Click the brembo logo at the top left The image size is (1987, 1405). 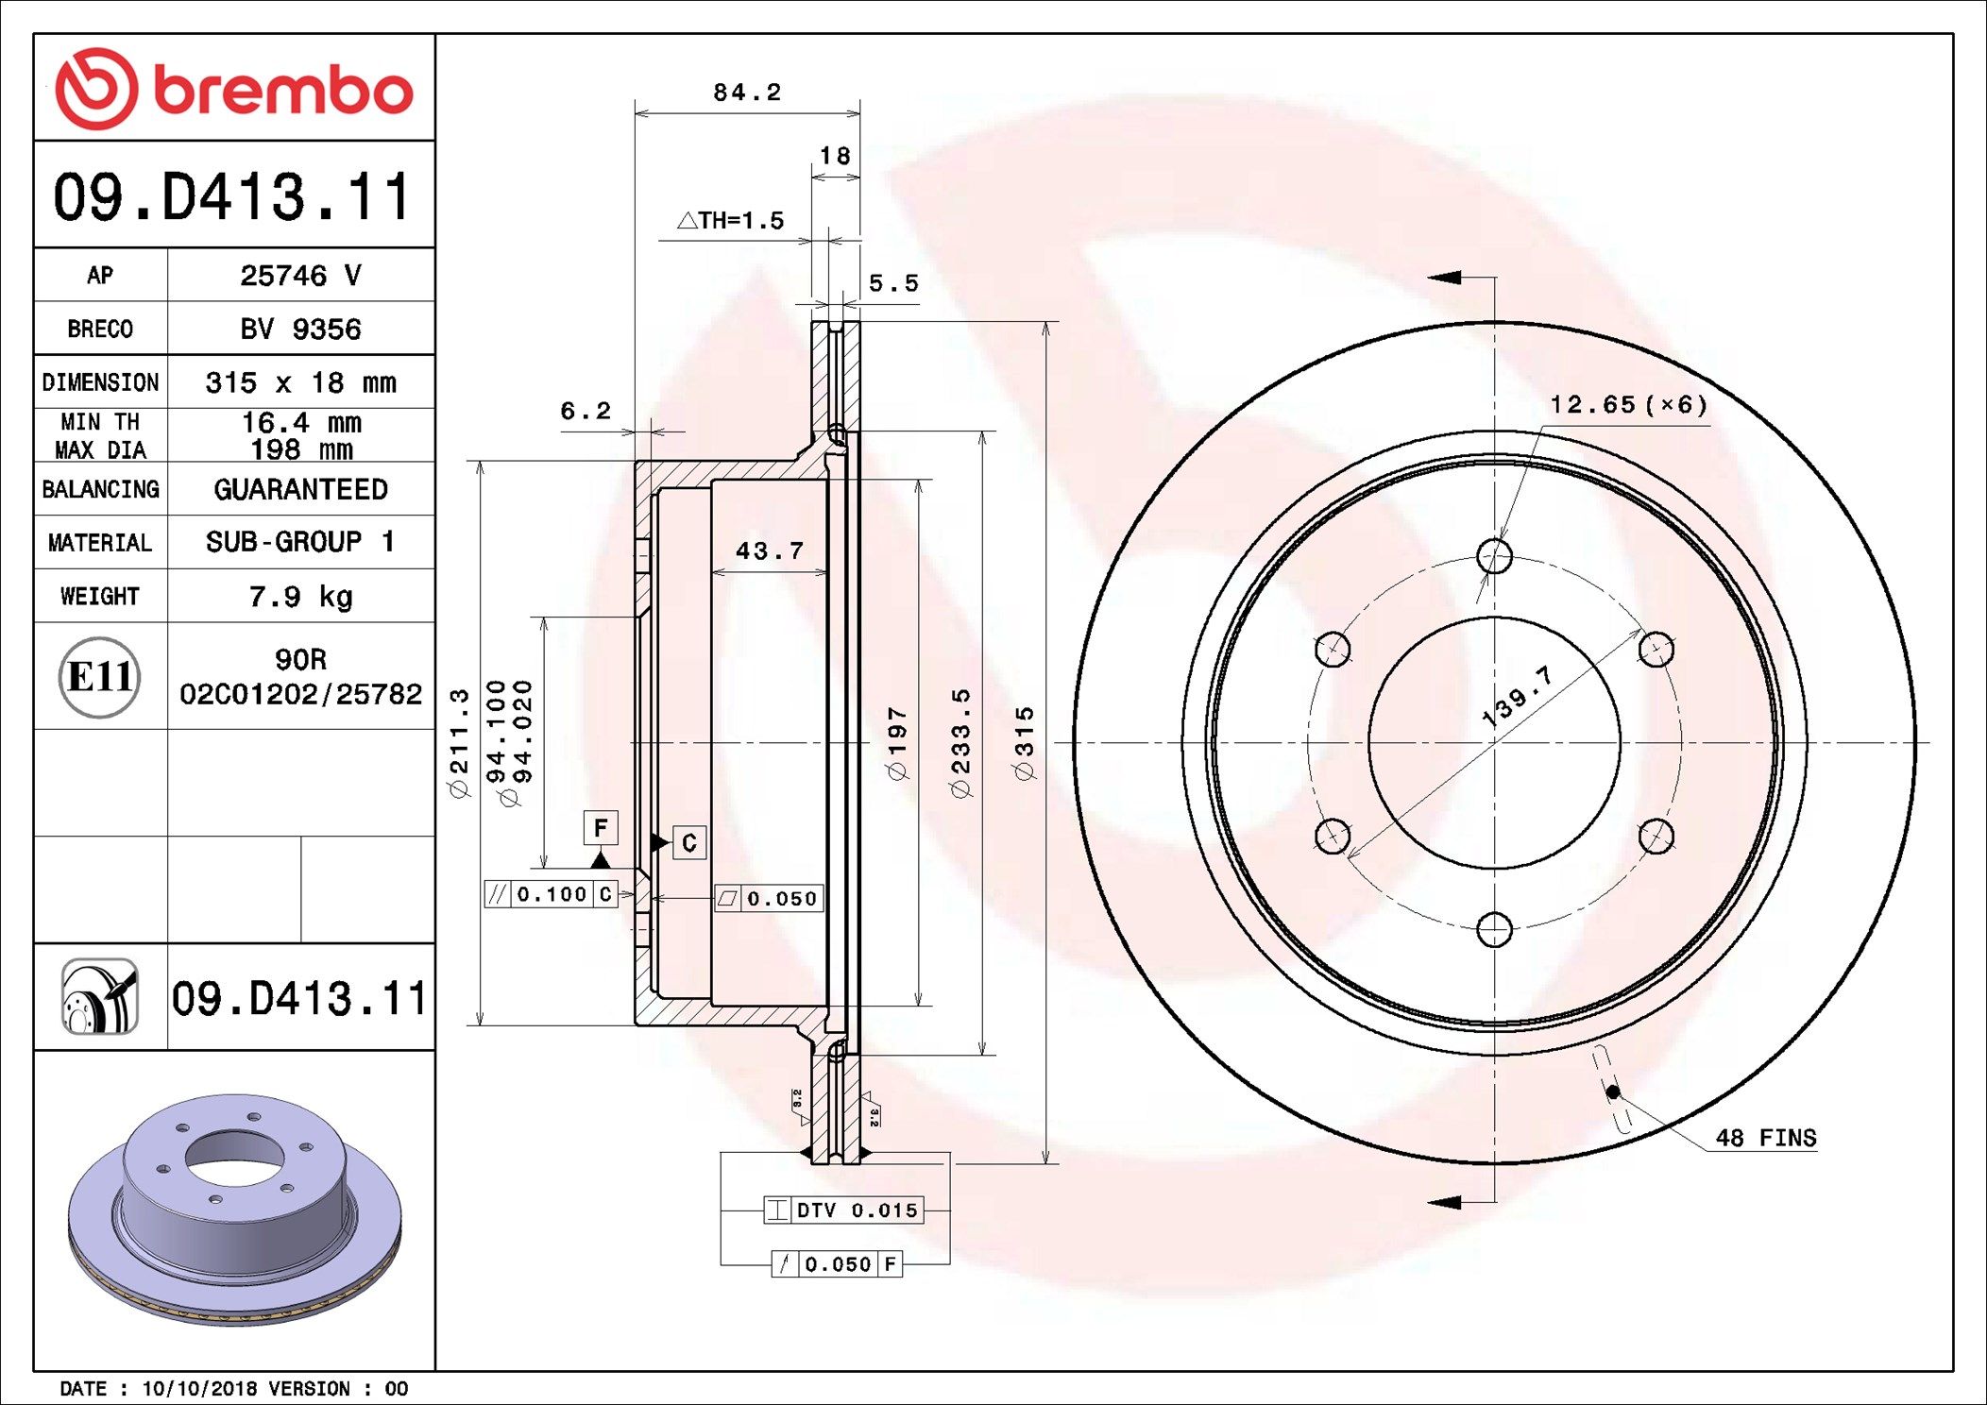click(x=233, y=89)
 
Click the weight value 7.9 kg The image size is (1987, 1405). click(x=300, y=597)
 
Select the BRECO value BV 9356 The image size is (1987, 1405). click(x=300, y=330)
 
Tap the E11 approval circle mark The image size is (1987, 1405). click(x=100, y=677)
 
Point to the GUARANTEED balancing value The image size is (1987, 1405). click(x=300, y=489)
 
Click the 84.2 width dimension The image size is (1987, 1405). click(x=746, y=93)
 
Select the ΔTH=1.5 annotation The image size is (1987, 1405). click(x=731, y=221)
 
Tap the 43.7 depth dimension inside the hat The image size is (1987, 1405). click(x=769, y=550)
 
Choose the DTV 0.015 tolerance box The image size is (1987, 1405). click(x=843, y=1210)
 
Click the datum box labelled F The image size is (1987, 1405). click(x=601, y=828)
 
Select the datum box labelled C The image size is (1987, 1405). click(x=689, y=842)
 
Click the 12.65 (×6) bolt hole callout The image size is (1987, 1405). click(x=1627, y=405)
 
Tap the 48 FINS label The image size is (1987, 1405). click(x=1765, y=1138)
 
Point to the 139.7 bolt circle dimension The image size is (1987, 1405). click(x=1517, y=697)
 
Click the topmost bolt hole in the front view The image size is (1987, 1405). click(x=1494, y=556)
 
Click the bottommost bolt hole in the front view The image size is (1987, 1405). click(x=1494, y=930)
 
